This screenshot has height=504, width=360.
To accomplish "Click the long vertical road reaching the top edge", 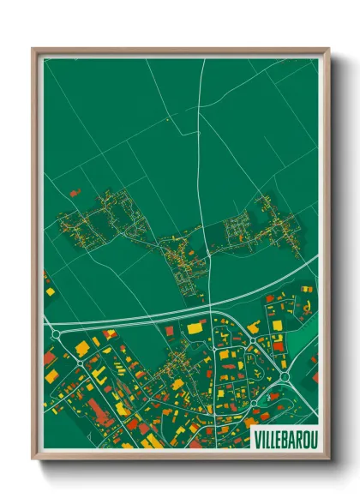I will tap(202, 129).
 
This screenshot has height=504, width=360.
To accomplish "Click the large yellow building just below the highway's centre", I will tap(196, 327).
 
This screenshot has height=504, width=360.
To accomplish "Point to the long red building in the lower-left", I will tap(99, 416).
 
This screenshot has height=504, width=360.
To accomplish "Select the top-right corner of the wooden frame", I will tap(327, 50).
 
